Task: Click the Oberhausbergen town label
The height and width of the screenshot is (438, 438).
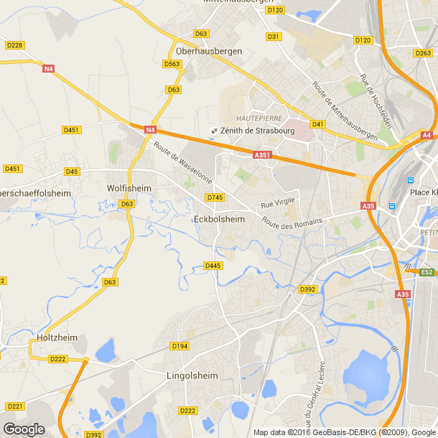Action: point(209,51)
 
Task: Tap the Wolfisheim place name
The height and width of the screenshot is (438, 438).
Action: point(129,188)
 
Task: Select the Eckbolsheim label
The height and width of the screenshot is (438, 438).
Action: point(220,219)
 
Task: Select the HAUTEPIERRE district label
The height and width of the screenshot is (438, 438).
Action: point(257,117)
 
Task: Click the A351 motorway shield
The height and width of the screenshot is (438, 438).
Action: point(262,154)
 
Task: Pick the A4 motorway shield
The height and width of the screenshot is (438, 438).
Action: point(427,135)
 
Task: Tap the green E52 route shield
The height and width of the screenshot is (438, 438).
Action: point(427,271)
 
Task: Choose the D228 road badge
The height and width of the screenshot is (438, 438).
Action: point(14,45)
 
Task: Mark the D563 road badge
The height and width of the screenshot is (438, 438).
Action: point(172,64)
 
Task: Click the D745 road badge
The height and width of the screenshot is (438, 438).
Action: point(214,197)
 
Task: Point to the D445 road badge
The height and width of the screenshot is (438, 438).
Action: point(212,266)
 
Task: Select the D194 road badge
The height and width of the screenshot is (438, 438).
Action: point(180,346)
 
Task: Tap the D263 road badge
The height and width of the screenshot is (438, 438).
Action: point(423,53)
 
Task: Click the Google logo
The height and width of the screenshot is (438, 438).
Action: point(24,429)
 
